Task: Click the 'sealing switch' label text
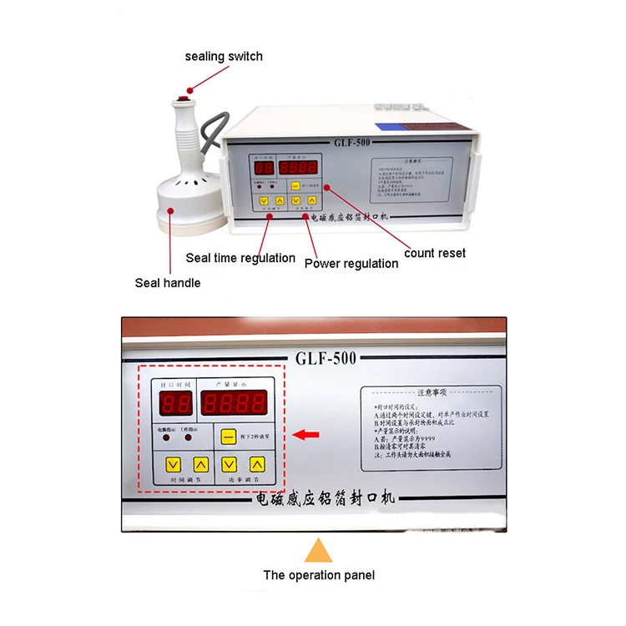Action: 224,57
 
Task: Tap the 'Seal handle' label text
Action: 168,283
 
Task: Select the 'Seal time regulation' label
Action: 240,258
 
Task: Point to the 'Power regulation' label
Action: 351,264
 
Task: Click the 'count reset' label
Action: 435,253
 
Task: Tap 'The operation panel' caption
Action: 319,575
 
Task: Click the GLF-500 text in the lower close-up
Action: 326,358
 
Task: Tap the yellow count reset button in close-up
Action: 227,435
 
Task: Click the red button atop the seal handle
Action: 184,99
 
